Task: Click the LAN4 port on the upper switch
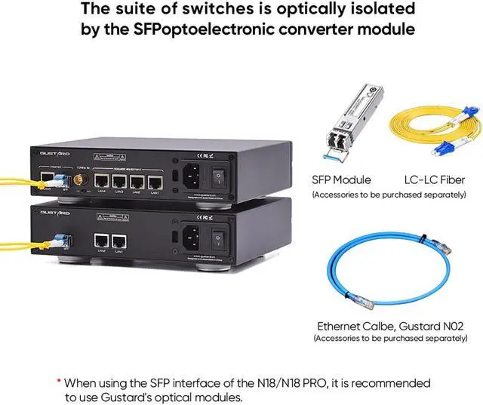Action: click(100, 181)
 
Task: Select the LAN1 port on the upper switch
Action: click(155, 182)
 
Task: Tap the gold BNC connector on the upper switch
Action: click(78, 179)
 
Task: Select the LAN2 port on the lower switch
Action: click(100, 241)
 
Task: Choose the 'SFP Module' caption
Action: click(341, 179)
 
